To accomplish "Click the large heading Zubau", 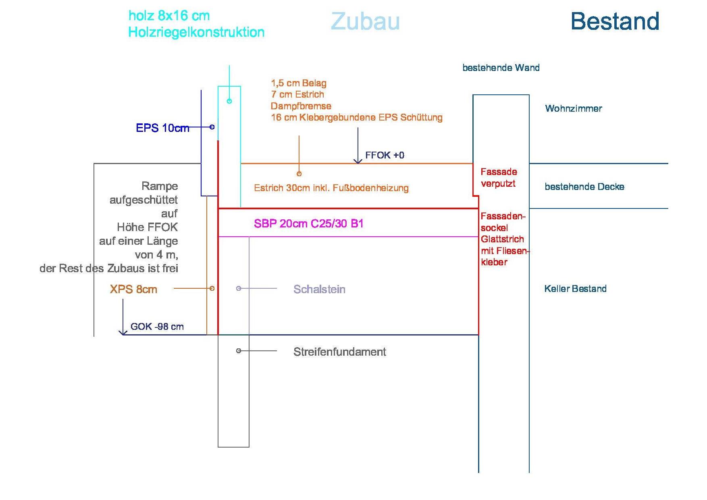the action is coord(365,21).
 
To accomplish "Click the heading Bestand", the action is coord(615,21).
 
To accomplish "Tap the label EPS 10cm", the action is coord(162,128).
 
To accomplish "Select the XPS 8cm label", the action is coord(133,289).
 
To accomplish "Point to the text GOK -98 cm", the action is coord(157,327).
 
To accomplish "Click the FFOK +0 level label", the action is coord(385,155).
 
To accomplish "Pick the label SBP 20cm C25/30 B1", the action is coord(309,224).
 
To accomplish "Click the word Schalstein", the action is coord(319,289).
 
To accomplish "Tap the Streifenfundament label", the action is coord(340,352).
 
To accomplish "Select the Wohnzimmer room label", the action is coord(574,108).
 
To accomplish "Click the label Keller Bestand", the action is coord(575,289).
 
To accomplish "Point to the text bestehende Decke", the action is coord(584,187).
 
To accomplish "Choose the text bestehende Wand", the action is coord(501,68).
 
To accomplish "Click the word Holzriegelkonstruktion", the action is coord(196,32).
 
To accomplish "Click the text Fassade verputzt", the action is coord(499,178).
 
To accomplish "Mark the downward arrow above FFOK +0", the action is coord(358,146).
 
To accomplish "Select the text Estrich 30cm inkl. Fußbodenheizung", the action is coord(331,188).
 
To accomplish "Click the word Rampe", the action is coord(160,186).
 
